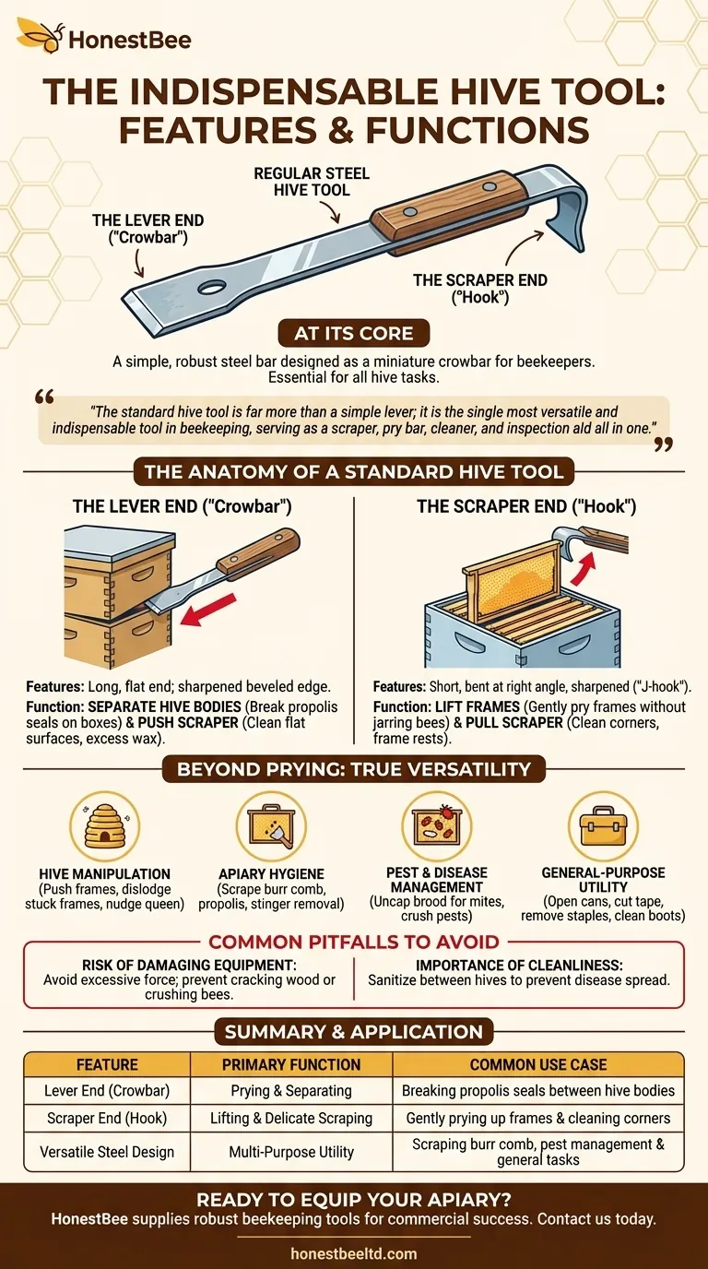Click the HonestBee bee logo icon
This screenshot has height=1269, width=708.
pyautogui.click(x=40, y=35)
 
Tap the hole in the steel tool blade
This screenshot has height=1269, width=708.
pyautogui.click(x=212, y=287)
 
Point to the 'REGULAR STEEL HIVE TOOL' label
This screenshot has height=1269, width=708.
pyautogui.click(x=312, y=182)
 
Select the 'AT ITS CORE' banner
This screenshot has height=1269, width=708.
pyautogui.click(x=353, y=333)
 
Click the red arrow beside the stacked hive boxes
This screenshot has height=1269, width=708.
pyautogui.click(x=207, y=610)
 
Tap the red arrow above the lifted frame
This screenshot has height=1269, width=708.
pyautogui.click(x=584, y=568)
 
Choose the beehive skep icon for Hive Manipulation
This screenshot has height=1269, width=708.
pyautogui.click(x=105, y=826)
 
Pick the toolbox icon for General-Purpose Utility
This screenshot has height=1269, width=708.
pyautogui.click(x=603, y=826)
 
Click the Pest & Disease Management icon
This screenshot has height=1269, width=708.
pyautogui.click(x=437, y=826)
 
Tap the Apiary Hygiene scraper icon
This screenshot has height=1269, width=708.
pyautogui.click(x=271, y=826)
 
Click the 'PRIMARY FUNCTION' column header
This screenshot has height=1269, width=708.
pyautogui.click(x=291, y=1064)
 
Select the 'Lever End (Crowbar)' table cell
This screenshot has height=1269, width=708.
pyautogui.click(x=107, y=1090)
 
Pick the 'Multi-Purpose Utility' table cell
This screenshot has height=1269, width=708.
pyautogui.click(x=291, y=1152)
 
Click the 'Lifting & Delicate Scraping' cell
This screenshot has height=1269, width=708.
pyautogui.click(x=291, y=1119)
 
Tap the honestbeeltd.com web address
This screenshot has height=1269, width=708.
pyautogui.click(x=353, y=1253)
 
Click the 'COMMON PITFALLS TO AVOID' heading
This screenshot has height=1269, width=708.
pyautogui.click(x=354, y=942)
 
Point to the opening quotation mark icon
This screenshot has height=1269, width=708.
pyautogui.click(x=44, y=397)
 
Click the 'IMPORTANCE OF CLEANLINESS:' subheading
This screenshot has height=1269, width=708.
pyautogui.click(x=519, y=966)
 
